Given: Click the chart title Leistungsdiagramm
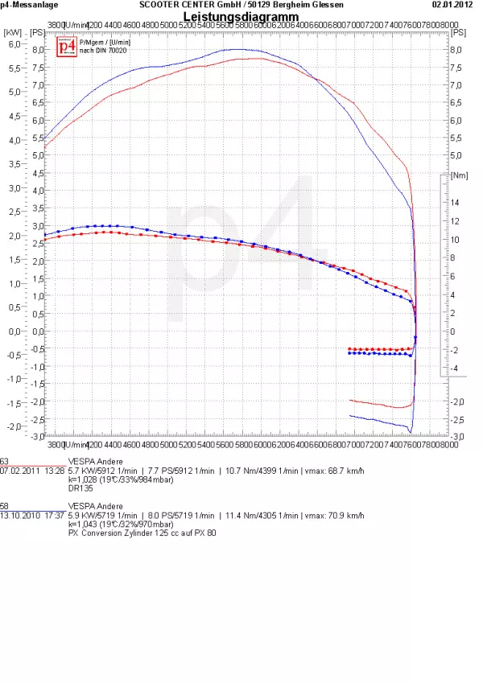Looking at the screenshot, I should (241, 17).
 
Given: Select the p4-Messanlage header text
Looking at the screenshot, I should (27, 5).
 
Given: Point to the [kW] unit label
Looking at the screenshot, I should (13, 32).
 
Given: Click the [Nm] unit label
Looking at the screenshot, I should (460, 175).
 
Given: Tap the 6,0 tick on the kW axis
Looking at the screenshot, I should (14, 44).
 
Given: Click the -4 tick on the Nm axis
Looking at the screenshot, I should (455, 368).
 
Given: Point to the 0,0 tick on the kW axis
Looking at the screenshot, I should (14, 331).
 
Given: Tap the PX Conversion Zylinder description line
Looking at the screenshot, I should (142, 533).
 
